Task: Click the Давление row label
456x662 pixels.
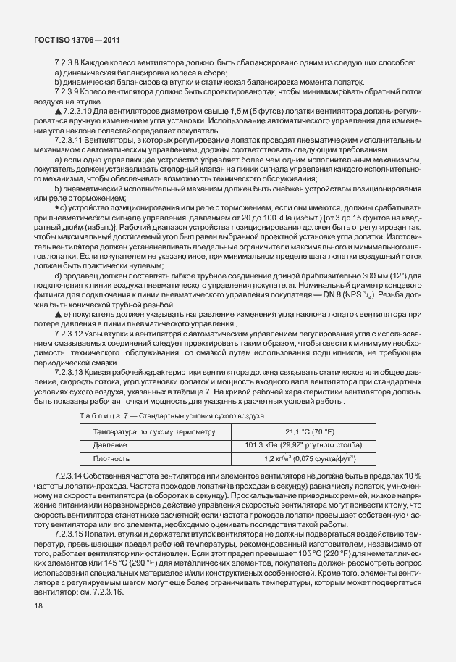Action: pos(110,445)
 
